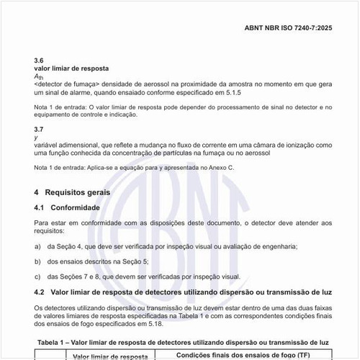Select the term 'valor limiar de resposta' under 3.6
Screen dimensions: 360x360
(x=71, y=68)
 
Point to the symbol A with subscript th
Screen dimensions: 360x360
(x=39, y=76)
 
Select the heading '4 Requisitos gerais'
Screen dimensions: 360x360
(x=72, y=193)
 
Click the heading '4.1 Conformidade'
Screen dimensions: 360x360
(x=70, y=207)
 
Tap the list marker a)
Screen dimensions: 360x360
(x=37, y=246)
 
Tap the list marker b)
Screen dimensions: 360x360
(x=37, y=261)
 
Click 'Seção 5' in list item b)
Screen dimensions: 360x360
(x=135, y=261)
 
